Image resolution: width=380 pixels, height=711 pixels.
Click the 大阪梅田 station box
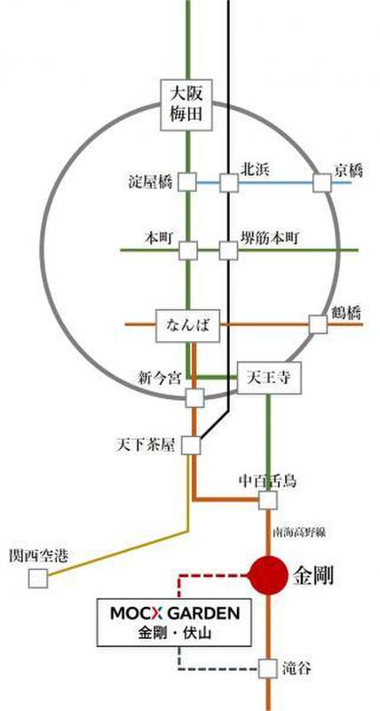[188, 106]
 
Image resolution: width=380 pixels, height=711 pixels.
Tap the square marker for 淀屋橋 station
[186, 182]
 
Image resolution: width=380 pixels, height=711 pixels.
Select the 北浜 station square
[229, 183]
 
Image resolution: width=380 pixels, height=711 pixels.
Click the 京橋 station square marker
[322, 183]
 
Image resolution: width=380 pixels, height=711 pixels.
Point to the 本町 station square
[188, 251]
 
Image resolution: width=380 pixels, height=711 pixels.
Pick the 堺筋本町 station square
[228, 251]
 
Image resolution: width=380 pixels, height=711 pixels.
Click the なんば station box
[188, 325]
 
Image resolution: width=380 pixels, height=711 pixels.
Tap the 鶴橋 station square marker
[318, 324]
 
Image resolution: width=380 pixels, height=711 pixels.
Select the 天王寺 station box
[270, 378]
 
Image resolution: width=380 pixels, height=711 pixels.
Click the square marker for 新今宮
[195, 397]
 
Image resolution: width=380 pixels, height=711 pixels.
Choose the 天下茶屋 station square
[191, 445]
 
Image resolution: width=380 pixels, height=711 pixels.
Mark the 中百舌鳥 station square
[267, 500]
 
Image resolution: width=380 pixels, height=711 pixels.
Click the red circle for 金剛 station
[269, 575]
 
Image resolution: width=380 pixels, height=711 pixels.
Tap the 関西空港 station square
[38, 579]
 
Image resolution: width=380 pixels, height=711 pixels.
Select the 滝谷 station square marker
[267, 668]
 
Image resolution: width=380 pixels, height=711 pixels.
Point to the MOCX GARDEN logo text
[175, 614]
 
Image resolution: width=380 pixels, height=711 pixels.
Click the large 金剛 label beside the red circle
[313, 576]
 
